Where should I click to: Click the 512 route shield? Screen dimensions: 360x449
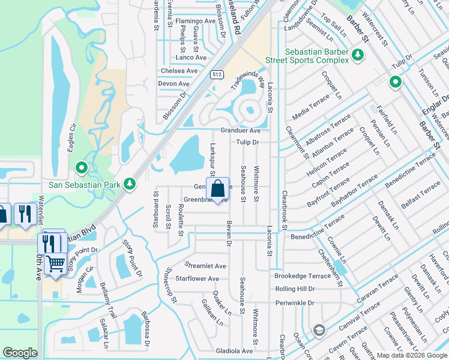click(217, 74)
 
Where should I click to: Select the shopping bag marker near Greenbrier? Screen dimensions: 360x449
click(217, 188)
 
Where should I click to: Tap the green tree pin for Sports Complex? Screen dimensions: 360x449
click(358, 55)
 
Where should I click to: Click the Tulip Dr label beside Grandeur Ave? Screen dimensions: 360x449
click(247, 142)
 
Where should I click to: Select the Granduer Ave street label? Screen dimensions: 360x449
click(240, 130)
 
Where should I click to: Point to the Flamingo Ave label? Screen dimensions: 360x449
click(195, 21)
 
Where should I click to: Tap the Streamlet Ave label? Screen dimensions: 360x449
click(205, 265)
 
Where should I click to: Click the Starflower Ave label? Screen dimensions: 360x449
click(197, 278)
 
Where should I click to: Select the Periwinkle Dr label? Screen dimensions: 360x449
click(295, 303)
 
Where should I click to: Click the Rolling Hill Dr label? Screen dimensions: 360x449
click(295, 289)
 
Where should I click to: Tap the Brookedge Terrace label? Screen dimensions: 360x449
click(303, 276)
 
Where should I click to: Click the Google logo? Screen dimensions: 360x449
click(20, 353)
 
